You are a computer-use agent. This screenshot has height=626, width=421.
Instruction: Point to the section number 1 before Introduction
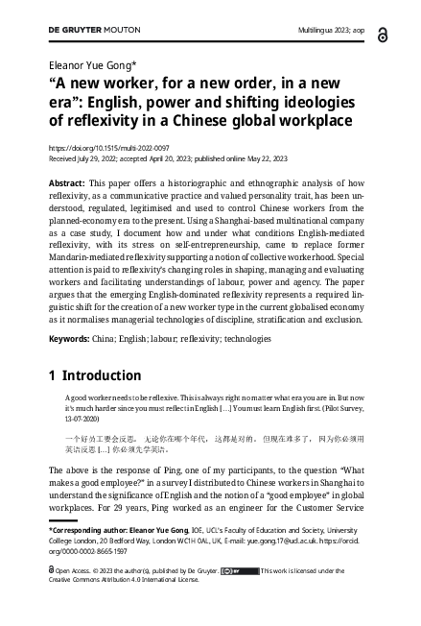pyautogui.click(x=54, y=376)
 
